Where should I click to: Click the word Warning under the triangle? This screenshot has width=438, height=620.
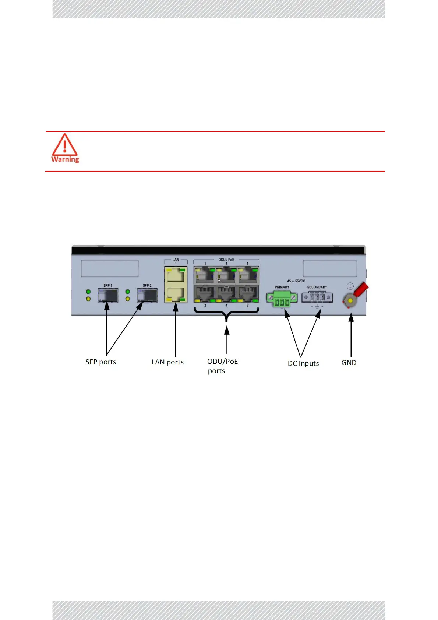click(65, 159)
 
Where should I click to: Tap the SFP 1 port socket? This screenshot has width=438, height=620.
click(108, 295)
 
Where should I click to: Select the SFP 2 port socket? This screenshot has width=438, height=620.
click(147, 295)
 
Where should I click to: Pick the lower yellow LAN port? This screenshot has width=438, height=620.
click(176, 294)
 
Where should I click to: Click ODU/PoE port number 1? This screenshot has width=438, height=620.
click(205, 275)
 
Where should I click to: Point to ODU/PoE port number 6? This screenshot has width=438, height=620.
click(248, 294)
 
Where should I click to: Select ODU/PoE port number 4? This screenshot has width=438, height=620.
click(226, 294)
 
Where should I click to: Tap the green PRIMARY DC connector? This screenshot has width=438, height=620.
click(282, 299)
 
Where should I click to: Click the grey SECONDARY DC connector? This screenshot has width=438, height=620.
click(317, 297)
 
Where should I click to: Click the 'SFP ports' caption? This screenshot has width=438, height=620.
click(100, 362)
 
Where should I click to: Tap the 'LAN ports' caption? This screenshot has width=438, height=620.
click(167, 362)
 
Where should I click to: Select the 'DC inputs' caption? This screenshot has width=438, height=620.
click(303, 363)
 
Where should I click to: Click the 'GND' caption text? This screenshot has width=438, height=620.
click(349, 363)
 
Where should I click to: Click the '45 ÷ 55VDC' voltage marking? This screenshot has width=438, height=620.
click(296, 281)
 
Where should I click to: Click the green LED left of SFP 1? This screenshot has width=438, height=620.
click(88, 292)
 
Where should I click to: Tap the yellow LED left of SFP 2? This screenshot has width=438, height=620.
click(128, 299)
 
